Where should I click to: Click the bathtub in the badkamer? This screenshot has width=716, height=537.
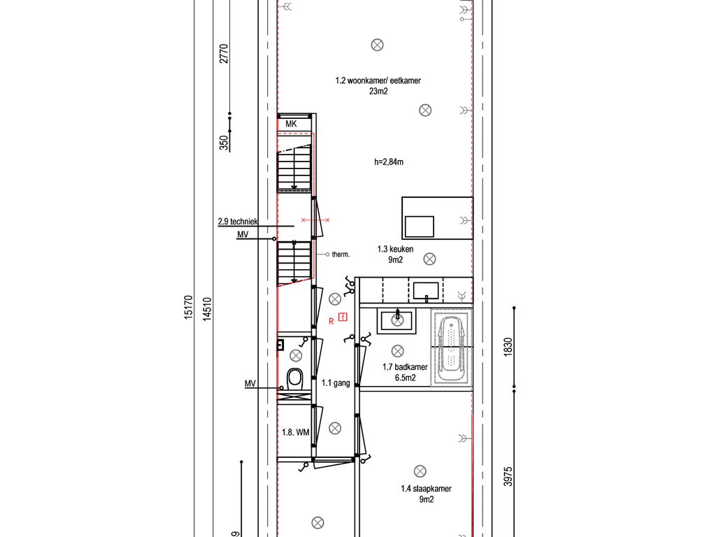coord(452,348)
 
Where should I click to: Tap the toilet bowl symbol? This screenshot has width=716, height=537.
coord(295,380)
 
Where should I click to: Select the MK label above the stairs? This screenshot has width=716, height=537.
coord(291,124)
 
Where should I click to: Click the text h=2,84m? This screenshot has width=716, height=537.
coord(389,162)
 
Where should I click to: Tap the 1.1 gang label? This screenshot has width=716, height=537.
coord(336,383)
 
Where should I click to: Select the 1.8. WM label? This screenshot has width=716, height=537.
coord(296,432)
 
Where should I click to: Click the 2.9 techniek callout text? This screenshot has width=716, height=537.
coord(238,222)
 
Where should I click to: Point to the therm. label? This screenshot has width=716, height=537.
coord(341,255)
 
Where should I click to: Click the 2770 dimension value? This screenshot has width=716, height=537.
coord(224,53)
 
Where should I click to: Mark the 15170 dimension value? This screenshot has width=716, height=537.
coord(189,307)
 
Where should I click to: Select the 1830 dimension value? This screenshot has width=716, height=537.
coord(508,347)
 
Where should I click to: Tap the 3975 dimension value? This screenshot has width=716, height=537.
coord(508,476)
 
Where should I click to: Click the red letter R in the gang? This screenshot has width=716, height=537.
coord(331,322)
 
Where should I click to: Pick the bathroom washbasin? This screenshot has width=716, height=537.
coord(397,320)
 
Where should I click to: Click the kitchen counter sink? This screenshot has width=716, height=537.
coord(426,291)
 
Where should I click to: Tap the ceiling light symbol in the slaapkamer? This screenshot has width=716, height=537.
coord(420,471)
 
